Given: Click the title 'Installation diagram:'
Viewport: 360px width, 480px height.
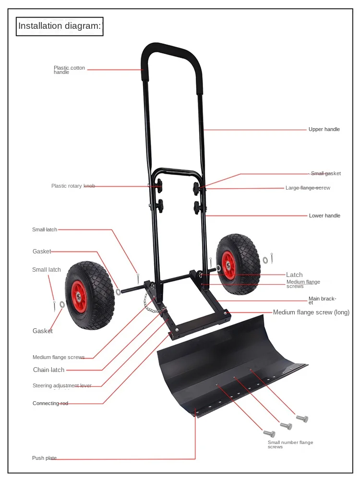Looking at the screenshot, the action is pyautogui.click(x=60, y=26).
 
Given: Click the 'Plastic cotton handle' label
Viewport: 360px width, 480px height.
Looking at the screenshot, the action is pyautogui.click(x=69, y=70).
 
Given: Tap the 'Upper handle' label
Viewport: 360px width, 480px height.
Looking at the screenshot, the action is pyautogui.click(x=324, y=129).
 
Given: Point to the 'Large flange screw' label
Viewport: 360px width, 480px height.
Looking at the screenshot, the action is pyautogui.click(x=308, y=188).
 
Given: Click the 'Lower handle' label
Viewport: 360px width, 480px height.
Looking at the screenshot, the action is pyautogui.click(x=324, y=216).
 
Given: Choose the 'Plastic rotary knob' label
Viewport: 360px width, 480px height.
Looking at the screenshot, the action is pyautogui.click(x=73, y=186).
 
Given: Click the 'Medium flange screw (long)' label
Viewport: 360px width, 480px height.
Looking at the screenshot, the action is pyautogui.click(x=311, y=312).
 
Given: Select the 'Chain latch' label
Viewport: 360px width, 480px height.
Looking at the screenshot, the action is pyautogui.click(x=48, y=370).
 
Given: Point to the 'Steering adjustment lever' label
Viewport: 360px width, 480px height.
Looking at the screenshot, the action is pyautogui.click(x=62, y=385).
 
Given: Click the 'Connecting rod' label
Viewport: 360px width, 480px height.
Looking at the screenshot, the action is pyautogui.click(x=50, y=403).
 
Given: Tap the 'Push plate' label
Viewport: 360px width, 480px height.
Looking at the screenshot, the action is pyautogui.click(x=44, y=458).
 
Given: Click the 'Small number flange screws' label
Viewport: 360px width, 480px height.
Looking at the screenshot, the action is pyautogui.click(x=290, y=444).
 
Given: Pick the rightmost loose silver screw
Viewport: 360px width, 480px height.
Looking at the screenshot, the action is pyautogui.click(x=302, y=419).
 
